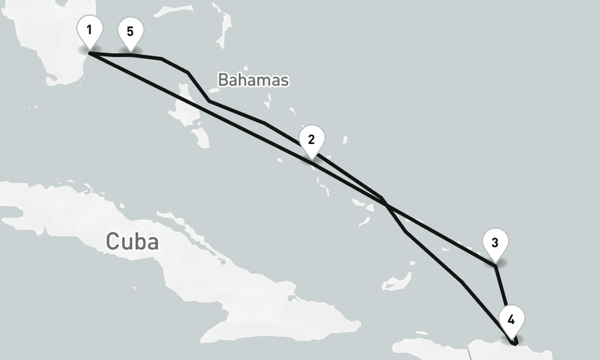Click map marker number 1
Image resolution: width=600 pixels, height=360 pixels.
coord(89,30)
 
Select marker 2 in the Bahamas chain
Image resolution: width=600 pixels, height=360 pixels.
coord(311,140)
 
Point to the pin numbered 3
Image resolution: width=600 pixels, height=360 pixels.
coord(495,243)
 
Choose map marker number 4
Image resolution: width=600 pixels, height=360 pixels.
coord(511,320)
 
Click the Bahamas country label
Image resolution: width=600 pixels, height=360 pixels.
coord(253,79)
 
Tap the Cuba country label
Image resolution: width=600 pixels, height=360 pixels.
coord(132,241)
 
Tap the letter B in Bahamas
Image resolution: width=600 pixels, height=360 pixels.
coord(223,79)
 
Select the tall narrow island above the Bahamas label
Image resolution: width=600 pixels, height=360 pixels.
coord(227,24)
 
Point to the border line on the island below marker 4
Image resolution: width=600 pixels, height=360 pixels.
coord(471,352)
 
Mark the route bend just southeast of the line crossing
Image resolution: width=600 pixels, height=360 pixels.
coord(406,232)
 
